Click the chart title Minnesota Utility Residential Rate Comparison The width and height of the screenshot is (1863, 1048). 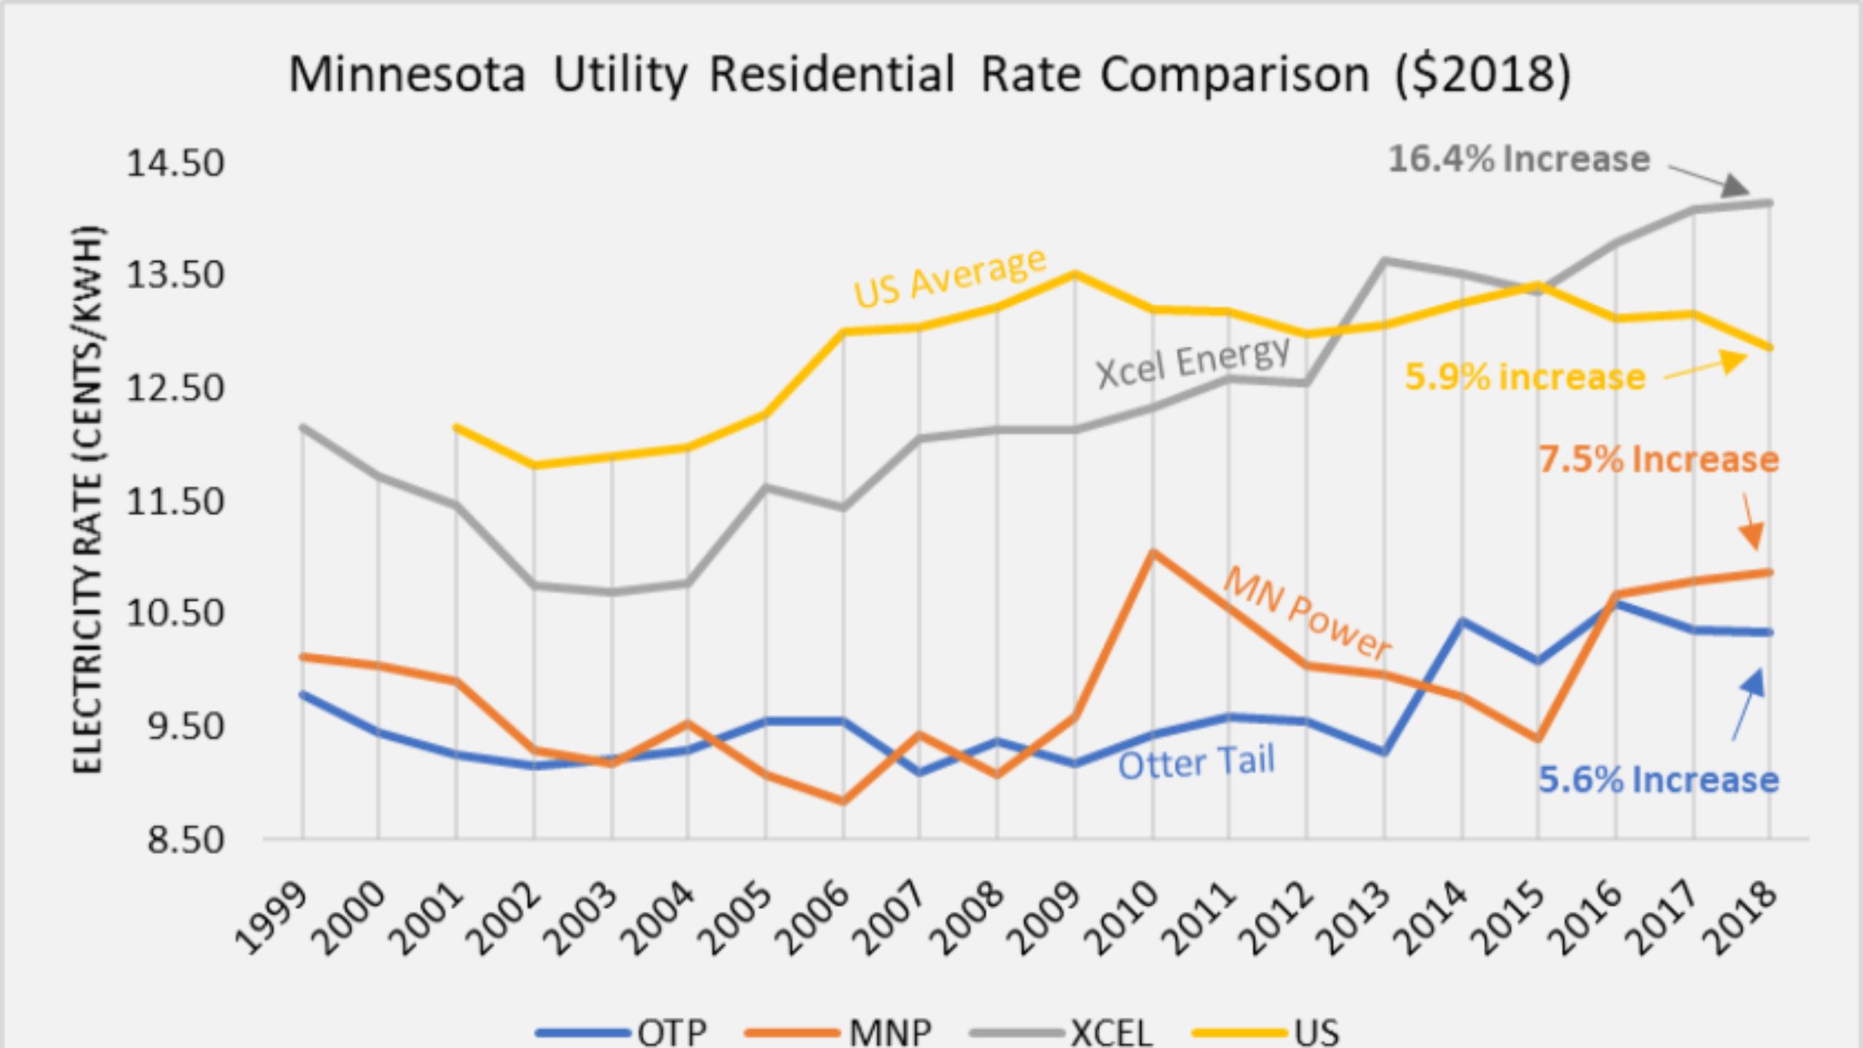point(929,74)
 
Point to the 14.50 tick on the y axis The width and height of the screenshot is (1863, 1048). point(175,162)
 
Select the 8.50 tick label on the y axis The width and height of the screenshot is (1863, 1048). point(186,841)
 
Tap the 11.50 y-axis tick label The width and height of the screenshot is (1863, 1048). point(175,501)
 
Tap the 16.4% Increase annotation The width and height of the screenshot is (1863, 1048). point(1519,159)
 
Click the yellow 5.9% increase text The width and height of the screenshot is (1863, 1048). point(1525,377)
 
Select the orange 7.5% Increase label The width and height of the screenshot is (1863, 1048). point(1659,459)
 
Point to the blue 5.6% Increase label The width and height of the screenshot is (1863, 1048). point(1659,779)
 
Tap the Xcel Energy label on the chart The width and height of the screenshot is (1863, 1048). point(1193,362)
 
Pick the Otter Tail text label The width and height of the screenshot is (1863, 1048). point(1196,763)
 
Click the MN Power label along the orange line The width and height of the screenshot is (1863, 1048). point(1307,614)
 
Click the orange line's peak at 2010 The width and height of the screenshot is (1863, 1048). point(1153,552)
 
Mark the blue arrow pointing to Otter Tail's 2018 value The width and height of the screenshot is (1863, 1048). point(1748,702)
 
